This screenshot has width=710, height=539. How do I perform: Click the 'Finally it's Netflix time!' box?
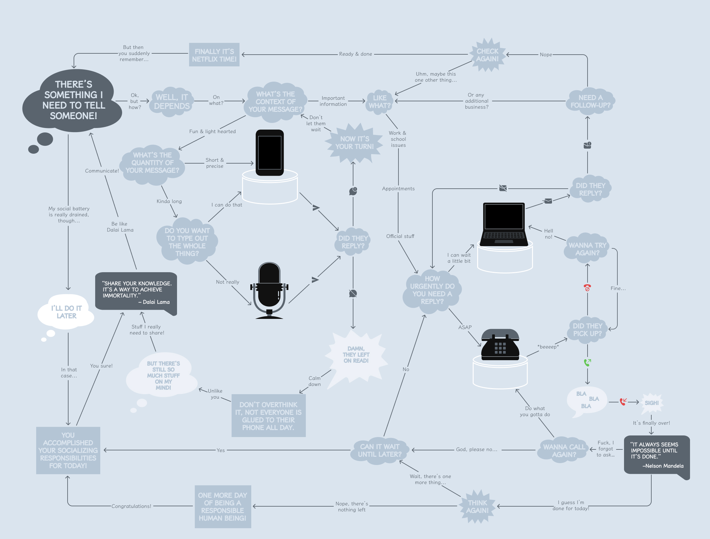[x=214, y=55]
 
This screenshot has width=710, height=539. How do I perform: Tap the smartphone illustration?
[x=269, y=153]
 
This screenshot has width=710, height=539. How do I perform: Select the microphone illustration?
[x=269, y=289]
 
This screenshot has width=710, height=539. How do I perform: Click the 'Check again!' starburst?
[x=487, y=55]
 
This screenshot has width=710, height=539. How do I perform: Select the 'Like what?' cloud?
[x=379, y=102]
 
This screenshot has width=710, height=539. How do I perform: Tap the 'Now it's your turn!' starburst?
[x=354, y=143]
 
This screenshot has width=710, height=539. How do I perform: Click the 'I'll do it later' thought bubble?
[x=66, y=312]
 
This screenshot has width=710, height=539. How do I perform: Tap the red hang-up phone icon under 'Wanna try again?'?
[x=587, y=287]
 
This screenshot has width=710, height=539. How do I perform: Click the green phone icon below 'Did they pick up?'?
[x=587, y=362]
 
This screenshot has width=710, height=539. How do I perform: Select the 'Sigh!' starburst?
[x=652, y=403]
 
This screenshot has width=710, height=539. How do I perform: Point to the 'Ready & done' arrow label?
[x=356, y=54]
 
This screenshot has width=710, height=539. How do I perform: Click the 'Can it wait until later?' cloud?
[x=379, y=450]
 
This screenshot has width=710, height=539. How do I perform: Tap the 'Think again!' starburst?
[x=477, y=507]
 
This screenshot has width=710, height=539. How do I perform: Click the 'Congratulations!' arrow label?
[x=131, y=506]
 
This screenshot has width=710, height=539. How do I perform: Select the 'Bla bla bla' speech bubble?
[x=586, y=400]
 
